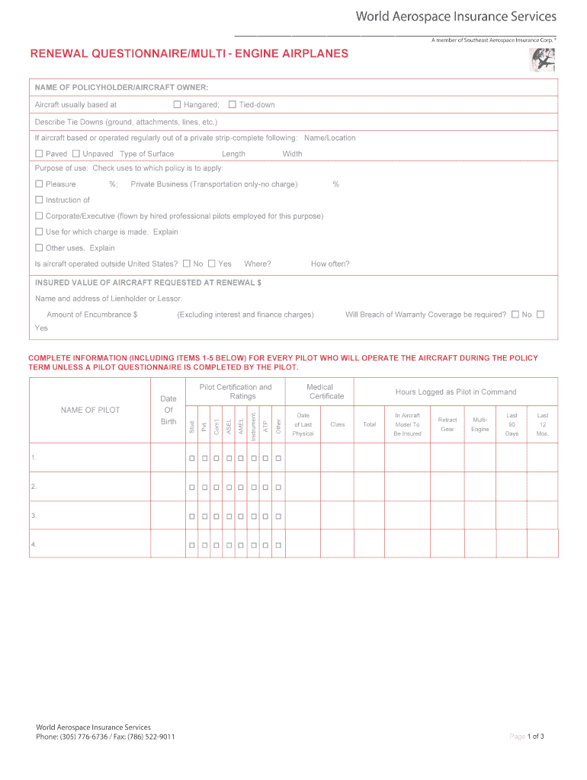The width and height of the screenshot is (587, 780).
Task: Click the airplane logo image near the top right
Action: [x=542, y=59]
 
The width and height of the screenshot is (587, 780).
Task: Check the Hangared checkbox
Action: [x=178, y=104]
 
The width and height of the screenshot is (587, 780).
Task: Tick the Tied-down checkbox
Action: [x=233, y=104]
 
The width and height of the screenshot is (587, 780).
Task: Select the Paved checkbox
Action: [x=39, y=154]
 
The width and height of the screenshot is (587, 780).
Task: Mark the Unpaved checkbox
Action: [x=75, y=154]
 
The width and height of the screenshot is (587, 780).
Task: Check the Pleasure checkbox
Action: [x=39, y=184]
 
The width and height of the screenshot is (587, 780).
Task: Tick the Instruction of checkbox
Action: [x=39, y=200]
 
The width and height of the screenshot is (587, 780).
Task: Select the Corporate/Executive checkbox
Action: [x=39, y=216]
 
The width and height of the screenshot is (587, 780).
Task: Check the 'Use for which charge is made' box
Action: [x=39, y=232]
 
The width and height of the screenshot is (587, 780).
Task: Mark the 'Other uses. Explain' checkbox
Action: [x=39, y=248]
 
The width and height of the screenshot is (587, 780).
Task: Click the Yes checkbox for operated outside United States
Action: [x=212, y=264]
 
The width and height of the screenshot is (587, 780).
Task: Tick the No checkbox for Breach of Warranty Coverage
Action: [x=515, y=314]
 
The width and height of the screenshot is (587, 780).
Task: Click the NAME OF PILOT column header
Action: [x=90, y=410]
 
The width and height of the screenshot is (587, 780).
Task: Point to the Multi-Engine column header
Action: [x=480, y=424]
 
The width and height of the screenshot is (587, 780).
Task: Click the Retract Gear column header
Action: [x=447, y=424]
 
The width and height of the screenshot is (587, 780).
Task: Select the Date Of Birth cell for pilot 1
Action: [x=168, y=458]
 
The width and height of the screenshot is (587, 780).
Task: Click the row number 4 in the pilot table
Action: [x=34, y=545]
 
